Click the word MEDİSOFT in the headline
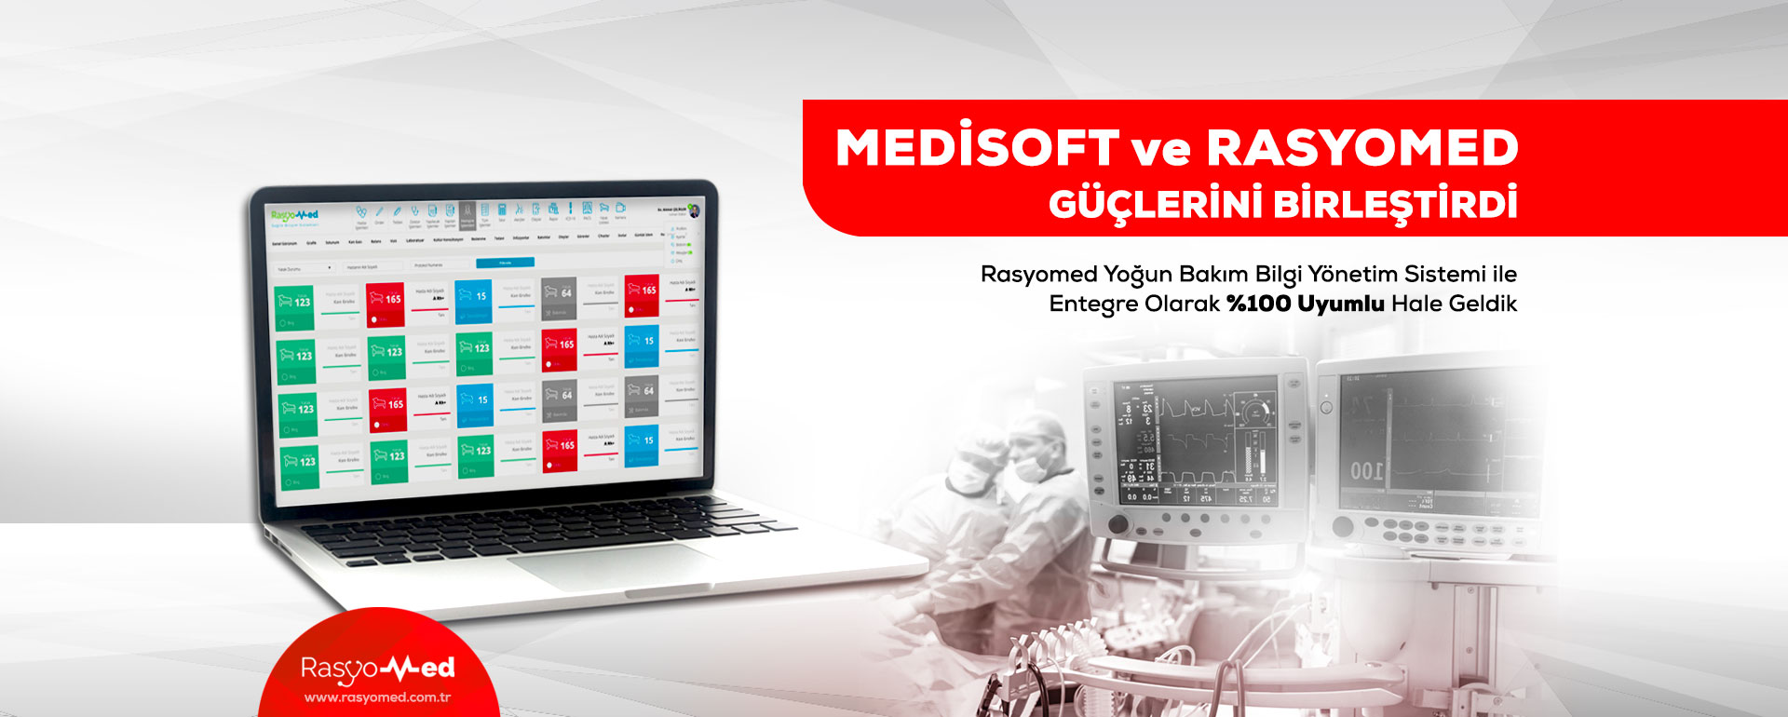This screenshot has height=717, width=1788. (x=976, y=148)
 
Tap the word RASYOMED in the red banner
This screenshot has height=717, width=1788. (x=1361, y=148)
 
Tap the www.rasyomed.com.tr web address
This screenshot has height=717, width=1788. (x=377, y=697)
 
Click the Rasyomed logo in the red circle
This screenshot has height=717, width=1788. (x=377, y=668)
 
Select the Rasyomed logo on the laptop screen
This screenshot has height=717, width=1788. (x=294, y=216)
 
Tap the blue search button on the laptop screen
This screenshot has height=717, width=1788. (x=505, y=263)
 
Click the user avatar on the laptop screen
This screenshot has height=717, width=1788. (x=693, y=210)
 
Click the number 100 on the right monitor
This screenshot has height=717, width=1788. (x=1366, y=471)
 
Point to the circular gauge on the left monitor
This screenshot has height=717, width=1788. (x=1253, y=411)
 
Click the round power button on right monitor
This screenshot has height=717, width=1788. (x=1326, y=408)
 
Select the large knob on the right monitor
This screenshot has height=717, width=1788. (x=1343, y=527)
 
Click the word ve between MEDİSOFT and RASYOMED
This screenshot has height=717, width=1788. (x=1161, y=150)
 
